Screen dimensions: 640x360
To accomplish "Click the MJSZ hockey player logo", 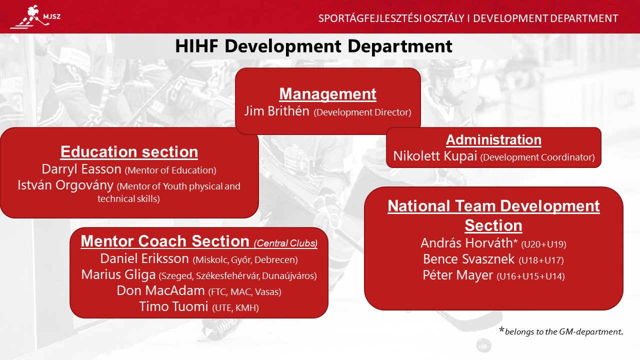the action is (x=35, y=17).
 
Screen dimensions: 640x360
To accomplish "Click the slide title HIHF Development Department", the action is (x=313, y=46).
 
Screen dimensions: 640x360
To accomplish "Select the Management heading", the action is (x=327, y=93).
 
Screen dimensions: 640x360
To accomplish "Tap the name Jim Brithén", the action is (x=276, y=111).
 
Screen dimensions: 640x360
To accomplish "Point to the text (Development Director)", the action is (x=362, y=112).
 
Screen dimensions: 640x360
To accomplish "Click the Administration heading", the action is (x=493, y=139).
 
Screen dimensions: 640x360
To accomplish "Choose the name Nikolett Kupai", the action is (x=435, y=156).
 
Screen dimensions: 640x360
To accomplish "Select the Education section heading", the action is (x=129, y=151).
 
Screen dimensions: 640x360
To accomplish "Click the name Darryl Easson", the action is (x=81, y=169).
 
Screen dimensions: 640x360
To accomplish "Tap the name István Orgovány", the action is (x=65, y=185).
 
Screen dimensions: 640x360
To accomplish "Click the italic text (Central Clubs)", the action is (x=285, y=243).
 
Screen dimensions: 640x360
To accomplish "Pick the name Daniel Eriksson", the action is (x=144, y=258).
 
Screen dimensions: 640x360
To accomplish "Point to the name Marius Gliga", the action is (x=118, y=275).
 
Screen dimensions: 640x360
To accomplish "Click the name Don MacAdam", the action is (x=160, y=291).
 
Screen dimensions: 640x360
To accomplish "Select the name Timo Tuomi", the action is (x=173, y=306).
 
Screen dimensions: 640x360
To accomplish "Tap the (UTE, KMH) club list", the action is (x=235, y=307).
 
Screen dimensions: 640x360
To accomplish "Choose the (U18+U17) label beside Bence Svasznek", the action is (x=541, y=260).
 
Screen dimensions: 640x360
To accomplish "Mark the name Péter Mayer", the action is (x=457, y=275).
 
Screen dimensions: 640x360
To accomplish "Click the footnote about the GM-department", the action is (x=561, y=331).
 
